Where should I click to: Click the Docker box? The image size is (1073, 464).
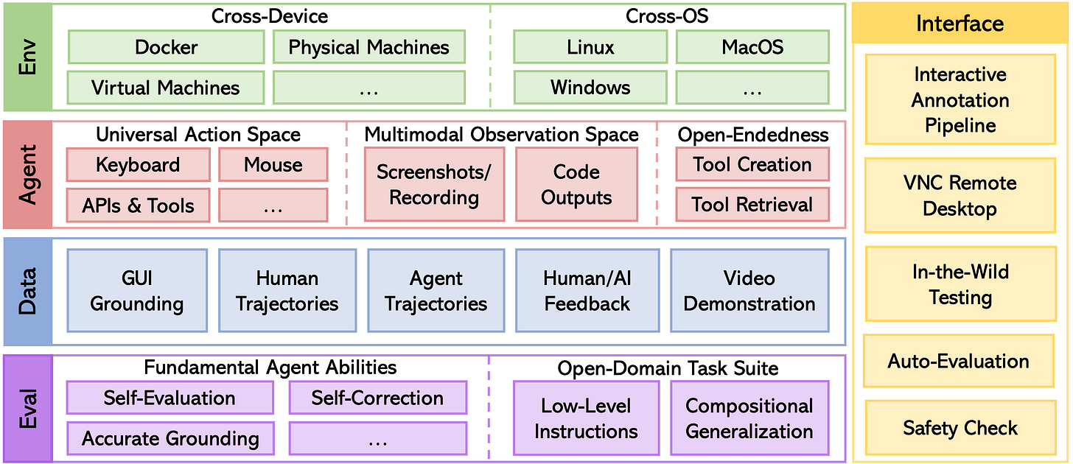(x=166, y=48)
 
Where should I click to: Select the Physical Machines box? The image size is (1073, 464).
(x=369, y=48)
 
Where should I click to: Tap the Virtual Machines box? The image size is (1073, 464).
(x=166, y=88)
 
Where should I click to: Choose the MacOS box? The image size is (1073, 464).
(x=752, y=48)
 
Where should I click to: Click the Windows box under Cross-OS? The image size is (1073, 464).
(x=590, y=88)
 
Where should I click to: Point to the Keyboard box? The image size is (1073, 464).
(x=138, y=165)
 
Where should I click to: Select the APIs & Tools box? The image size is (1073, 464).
(x=138, y=205)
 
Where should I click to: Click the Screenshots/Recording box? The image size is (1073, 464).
(x=434, y=185)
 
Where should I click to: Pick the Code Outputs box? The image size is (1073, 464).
(x=576, y=185)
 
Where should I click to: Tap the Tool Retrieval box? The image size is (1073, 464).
(x=752, y=205)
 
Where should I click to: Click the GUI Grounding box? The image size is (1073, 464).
(x=137, y=291)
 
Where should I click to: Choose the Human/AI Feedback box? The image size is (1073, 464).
(x=587, y=291)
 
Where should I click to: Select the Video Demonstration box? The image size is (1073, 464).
(x=749, y=291)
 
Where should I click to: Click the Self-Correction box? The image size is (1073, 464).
(x=377, y=398)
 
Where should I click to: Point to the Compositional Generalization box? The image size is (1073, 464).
(x=749, y=418)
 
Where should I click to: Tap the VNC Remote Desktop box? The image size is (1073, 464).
(x=960, y=196)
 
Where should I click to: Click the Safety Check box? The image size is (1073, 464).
(x=960, y=428)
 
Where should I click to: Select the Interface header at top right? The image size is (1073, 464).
(x=960, y=24)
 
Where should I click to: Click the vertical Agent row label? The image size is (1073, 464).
(x=27, y=175)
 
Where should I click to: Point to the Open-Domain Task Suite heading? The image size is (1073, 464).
(x=668, y=368)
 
